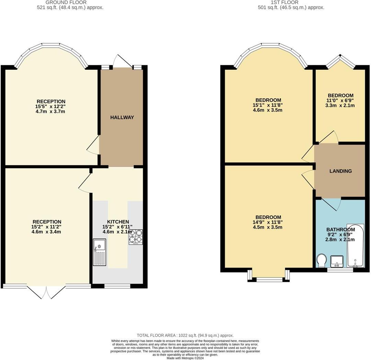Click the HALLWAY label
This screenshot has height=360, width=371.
122,117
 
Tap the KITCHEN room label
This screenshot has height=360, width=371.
118,222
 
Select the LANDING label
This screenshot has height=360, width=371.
340,171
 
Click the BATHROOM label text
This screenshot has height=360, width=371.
340,229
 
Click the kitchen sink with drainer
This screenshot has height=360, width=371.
100,252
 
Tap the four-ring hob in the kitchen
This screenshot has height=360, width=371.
136,237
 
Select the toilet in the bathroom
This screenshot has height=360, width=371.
322,260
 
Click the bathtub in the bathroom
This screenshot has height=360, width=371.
355,246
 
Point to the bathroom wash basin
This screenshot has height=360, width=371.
337,261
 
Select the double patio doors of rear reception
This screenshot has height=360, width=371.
46,292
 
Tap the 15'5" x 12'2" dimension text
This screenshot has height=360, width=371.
51,106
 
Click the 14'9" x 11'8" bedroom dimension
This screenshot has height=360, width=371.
268,222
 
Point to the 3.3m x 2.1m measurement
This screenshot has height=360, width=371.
340,105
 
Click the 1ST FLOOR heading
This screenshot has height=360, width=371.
280,2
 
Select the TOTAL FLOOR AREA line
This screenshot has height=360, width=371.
185,335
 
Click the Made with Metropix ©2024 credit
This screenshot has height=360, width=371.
185,358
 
